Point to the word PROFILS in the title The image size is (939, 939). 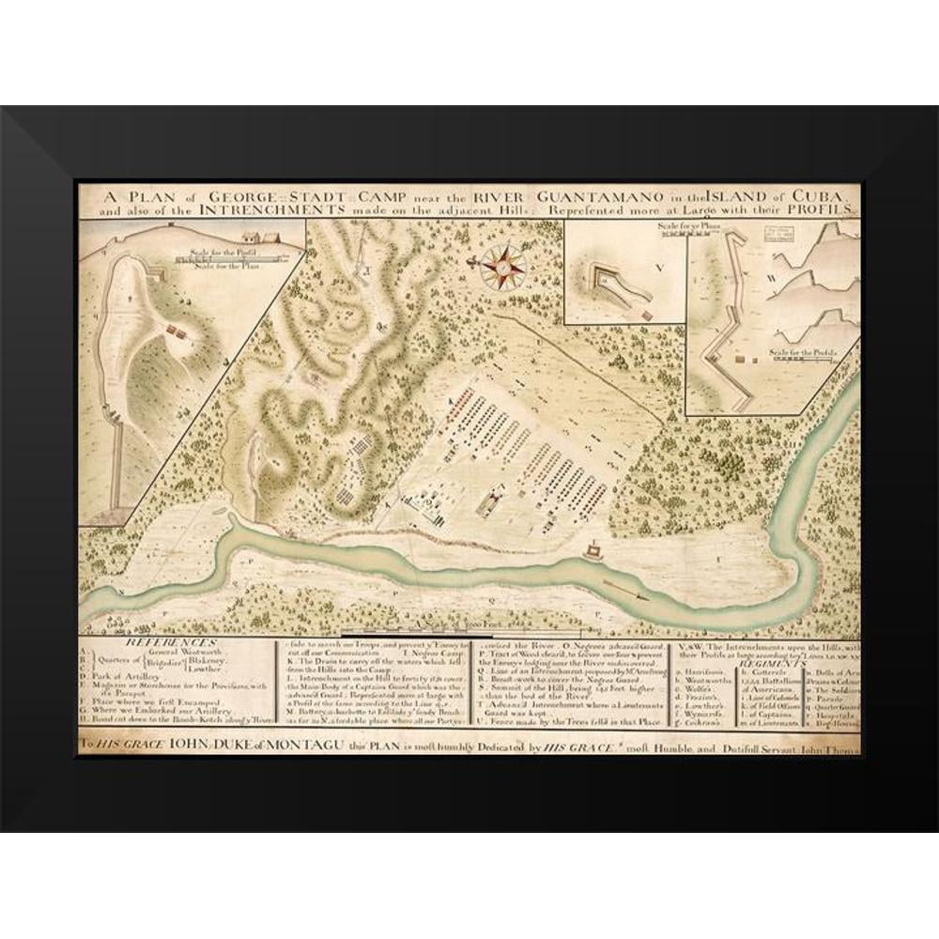click(820, 211)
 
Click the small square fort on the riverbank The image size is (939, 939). click(593, 549)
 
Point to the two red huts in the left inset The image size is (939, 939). click(173, 331)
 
